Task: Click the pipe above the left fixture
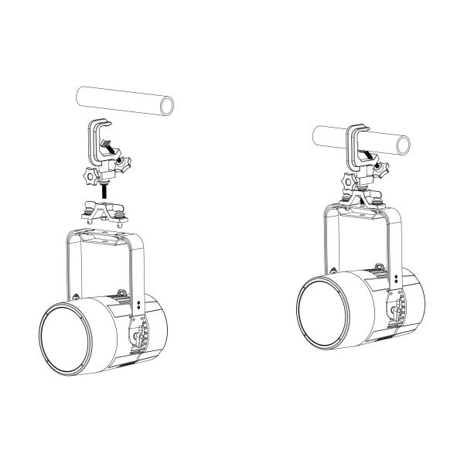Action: [x=116, y=101]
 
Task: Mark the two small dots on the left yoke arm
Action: [x=138, y=305]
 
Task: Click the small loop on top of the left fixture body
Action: [x=75, y=296]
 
